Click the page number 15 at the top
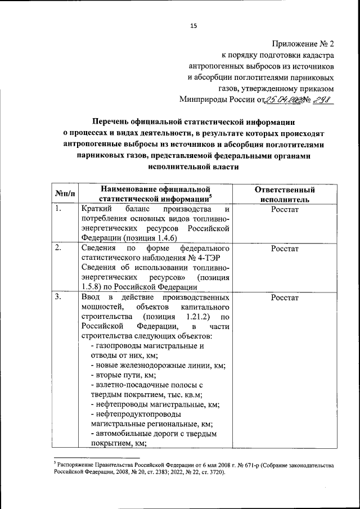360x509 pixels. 193,25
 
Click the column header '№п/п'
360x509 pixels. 63,194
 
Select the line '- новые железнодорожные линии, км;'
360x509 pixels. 157,365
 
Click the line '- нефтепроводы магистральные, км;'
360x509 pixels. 155,404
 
